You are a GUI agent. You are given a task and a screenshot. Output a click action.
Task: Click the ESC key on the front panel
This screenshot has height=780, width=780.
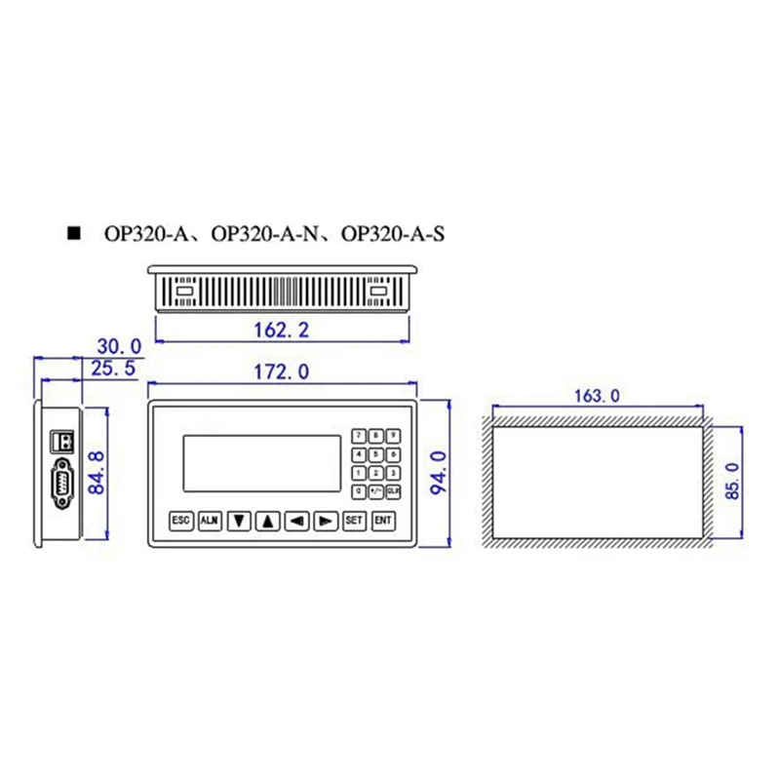point(180,521)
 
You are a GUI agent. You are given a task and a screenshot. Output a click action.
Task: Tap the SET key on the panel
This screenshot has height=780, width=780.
point(354,521)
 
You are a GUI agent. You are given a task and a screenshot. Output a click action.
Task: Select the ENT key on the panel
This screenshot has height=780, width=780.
point(383,521)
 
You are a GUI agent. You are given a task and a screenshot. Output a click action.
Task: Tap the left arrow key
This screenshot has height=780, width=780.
point(297,521)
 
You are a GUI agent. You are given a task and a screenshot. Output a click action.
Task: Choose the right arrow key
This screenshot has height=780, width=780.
point(327,521)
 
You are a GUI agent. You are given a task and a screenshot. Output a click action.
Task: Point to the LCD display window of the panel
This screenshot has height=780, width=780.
point(261,467)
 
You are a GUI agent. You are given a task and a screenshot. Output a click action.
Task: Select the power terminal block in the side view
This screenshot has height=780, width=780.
point(63,440)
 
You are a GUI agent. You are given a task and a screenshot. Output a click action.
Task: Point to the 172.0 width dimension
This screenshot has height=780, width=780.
point(282,371)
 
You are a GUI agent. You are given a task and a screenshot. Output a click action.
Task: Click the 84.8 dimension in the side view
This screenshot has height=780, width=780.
point(97,472)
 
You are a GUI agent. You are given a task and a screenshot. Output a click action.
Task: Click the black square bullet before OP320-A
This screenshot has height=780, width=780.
point(72,234)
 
